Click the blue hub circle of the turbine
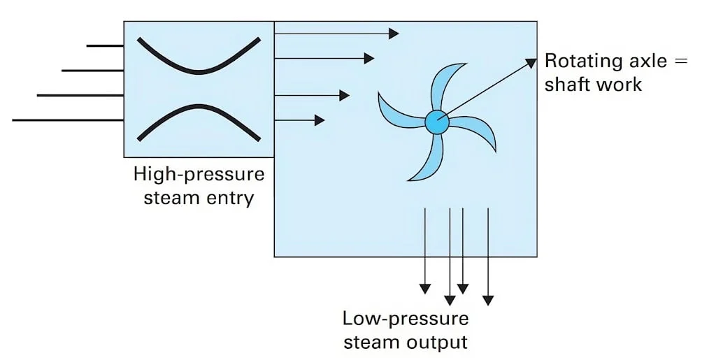point(436,122)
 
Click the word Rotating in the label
point(578,61)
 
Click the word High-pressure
point(199,174)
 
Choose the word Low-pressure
point(406,319)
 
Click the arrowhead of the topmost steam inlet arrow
point(394,33)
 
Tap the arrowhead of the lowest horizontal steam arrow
point(320,120)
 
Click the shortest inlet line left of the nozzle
point(105,45)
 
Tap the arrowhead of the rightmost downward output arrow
point(488,300)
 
